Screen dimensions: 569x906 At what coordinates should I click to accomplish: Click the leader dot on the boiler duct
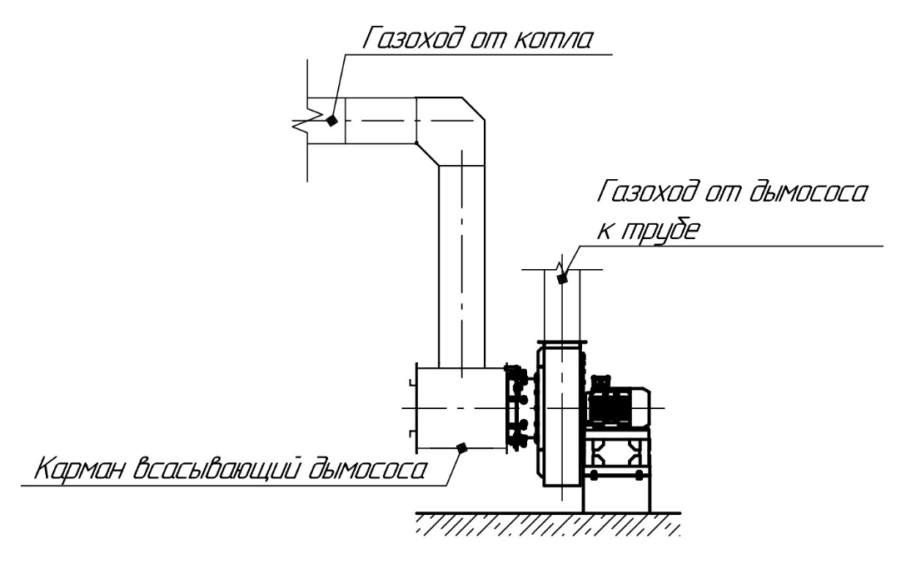tap(331, 121)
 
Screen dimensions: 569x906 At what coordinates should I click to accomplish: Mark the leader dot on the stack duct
tap(562, 280)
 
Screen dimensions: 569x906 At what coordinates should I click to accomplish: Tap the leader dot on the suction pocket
tap(461, 448)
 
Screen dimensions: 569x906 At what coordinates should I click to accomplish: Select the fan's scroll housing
tap(559, 417)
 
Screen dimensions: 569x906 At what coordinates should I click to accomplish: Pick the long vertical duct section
tap(461, 267)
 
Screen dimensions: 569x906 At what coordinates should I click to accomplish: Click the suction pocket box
tap(458, 408)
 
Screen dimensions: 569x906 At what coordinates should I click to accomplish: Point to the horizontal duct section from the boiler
tap(379, 121)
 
